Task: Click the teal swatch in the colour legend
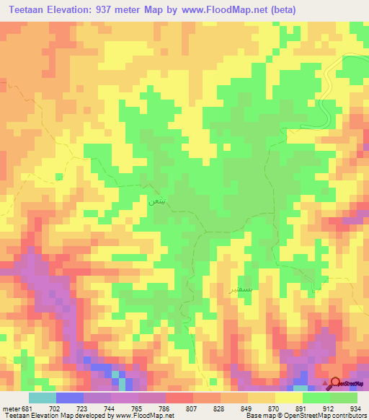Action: [42, 398]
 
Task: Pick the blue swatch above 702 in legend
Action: [70, 398]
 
